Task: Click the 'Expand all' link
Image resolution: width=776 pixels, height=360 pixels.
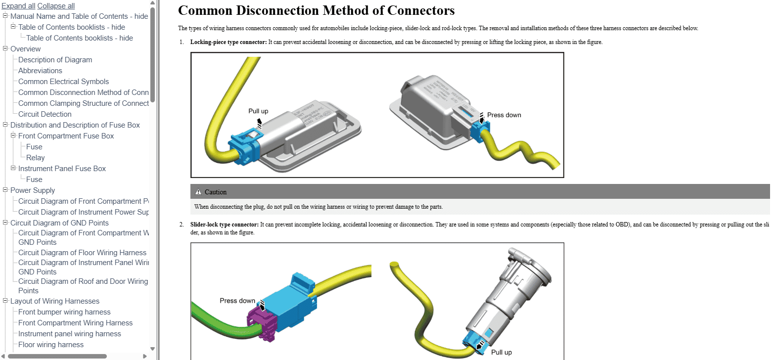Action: point(18,6)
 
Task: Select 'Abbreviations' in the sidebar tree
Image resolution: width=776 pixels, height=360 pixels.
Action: point(40,71)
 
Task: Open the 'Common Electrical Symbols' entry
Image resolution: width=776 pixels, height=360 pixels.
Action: point(63,82)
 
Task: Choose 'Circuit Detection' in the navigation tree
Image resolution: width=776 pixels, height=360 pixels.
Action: point(45,114)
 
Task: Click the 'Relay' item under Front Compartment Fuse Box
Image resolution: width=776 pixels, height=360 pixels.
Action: point(35,158)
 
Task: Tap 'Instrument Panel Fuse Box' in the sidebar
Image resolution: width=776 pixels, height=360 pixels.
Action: point(62,169)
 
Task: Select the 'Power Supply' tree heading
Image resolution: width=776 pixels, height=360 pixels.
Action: point(33,190)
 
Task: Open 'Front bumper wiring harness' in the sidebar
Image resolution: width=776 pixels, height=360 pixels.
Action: point(64,312)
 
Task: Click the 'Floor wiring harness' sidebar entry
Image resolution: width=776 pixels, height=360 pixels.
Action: point(51,345)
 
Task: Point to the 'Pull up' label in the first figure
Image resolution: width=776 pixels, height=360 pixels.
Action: point(258,111)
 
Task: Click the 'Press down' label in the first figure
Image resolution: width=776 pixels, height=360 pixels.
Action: point(504,115)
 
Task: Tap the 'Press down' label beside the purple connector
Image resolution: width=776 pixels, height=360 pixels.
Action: point(237,301)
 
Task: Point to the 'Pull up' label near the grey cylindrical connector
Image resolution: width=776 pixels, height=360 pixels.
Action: point(501,353)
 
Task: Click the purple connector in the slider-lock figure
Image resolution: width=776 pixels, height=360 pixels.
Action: point(262,324)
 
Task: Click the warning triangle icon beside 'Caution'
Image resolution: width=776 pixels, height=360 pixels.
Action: point(198,192)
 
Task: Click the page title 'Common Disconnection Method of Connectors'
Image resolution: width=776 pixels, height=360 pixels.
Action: point(316,10)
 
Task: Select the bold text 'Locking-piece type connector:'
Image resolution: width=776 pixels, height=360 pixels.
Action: point(228,42)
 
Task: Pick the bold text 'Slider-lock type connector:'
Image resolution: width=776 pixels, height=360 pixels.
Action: point(224,225)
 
